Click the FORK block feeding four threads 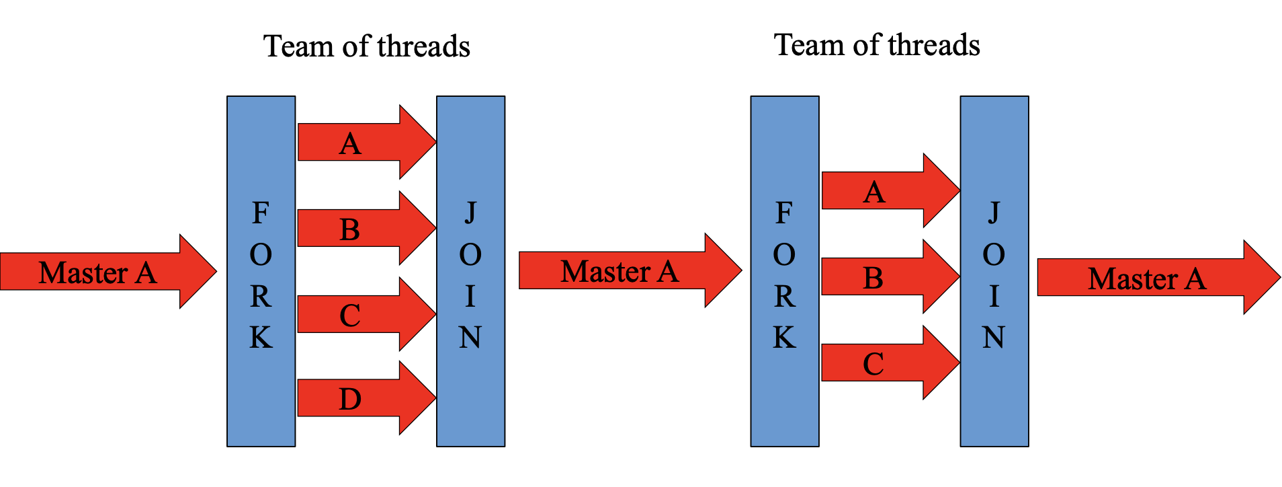(x=261, y=168)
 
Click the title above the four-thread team (x=366, y=46)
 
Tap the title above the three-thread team (x=877, y=45)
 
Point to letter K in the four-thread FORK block (x=261, y=337)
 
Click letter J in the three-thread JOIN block (x=994, y=213)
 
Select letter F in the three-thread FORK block (x=784, y=213)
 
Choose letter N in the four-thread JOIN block (x=470, y=337)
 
